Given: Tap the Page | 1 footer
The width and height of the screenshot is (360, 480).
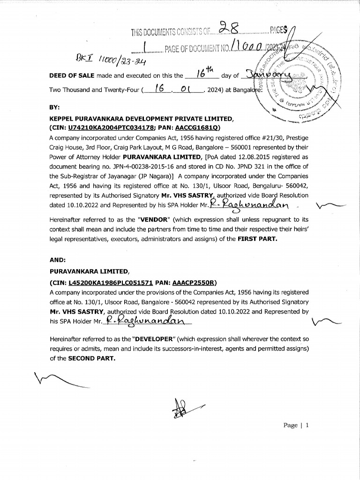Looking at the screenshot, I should click(x=296, y=425).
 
